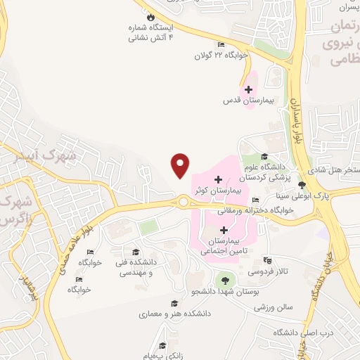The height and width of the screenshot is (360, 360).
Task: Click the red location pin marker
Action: (181, 164)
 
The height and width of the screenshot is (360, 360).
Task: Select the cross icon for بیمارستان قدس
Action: (247, 89)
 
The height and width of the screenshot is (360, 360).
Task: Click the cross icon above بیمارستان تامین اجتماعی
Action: (224, 229)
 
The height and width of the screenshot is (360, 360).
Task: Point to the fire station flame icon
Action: (149, 16)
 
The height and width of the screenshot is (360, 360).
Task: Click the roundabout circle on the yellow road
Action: (184, 202)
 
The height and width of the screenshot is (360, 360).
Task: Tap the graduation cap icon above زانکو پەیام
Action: (162, 345)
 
